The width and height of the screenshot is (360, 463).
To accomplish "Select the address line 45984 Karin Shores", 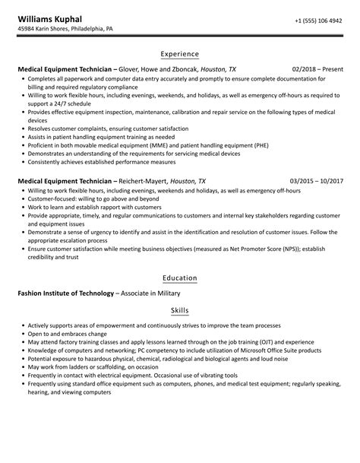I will point(65,30).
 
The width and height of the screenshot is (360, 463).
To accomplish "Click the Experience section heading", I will point(180,54).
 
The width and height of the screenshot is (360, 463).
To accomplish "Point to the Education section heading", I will point(180,278).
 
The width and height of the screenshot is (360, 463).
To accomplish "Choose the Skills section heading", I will point(180,310).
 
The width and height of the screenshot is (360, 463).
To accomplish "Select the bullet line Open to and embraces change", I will point(70,333).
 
